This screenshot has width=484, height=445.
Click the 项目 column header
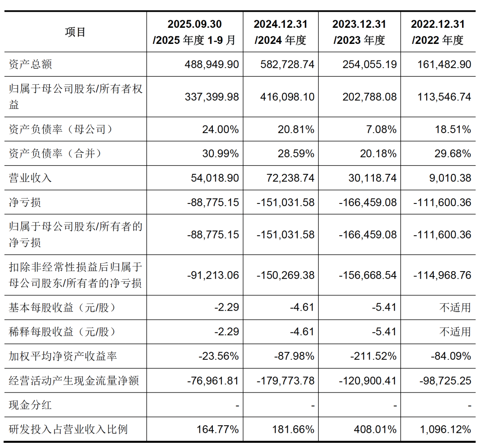pyautogui.click(x=75, y=32)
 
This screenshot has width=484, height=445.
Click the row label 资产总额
pyautogui.click(x=30, y=65)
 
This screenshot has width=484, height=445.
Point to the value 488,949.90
pyautogui.click(x=212, y=65)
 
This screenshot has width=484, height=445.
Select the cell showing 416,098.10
pyautogui.click(x=287, y=97)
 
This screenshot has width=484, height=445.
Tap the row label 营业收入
pyautogui.click(x=30, y=178)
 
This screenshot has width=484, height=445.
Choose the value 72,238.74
pyautogui.click(x=287, y=178)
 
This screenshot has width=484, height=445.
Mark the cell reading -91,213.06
pyautogui.click(x=213, y=275)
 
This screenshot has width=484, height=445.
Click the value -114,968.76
pyautogui.click(x=442, y=275)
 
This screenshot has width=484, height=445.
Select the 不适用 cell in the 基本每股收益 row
pyautogui.click(x=455, y=308)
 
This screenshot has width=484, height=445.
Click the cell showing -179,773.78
pyautogui.click(x=285, y=381)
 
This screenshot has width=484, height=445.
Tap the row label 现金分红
pyautogui.click(x=30, y=405)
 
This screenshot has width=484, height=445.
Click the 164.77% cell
pyautogui.click(x=217, y=429)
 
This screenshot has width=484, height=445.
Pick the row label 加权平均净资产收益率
pyautogui.click(x=63, y=356)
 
